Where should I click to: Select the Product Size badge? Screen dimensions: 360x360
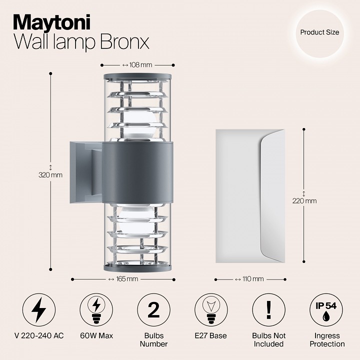coord(319,32)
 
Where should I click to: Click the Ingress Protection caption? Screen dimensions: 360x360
coord(326,340)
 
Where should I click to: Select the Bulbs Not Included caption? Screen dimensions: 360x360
coord(269,340)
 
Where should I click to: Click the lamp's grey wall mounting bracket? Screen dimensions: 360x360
coord(85,170)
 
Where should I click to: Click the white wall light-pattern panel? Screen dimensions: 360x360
coord(248,196)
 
